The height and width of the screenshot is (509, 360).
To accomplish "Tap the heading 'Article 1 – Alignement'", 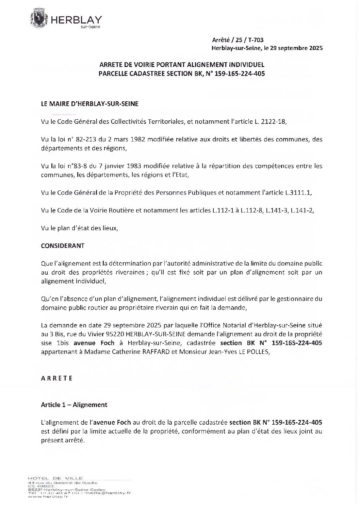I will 74,405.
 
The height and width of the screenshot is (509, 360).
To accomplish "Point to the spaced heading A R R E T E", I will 57,378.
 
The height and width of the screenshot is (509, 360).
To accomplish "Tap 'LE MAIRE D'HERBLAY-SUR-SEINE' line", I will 90,104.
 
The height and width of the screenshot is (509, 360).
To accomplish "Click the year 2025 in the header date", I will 313,48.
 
